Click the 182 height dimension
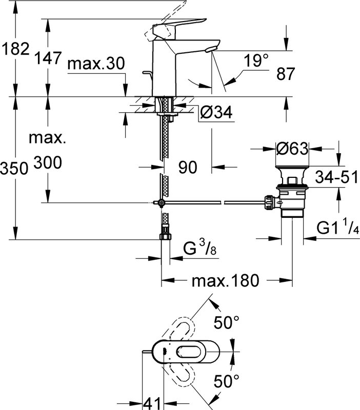point(15,49)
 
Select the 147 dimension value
point(48,58)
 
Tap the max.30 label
point(96,64)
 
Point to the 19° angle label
point(256,60)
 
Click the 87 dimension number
point(286,73)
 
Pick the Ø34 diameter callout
point(216,113)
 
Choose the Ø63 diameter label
point(292,149)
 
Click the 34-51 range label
point(336,177)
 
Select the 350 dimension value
point(14,168)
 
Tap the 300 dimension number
point(48,162)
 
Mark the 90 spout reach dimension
point(188,167)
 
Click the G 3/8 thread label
point(200,249)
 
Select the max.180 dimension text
point(225,280)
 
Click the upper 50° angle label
point(227,322)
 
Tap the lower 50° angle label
point(227,381)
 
